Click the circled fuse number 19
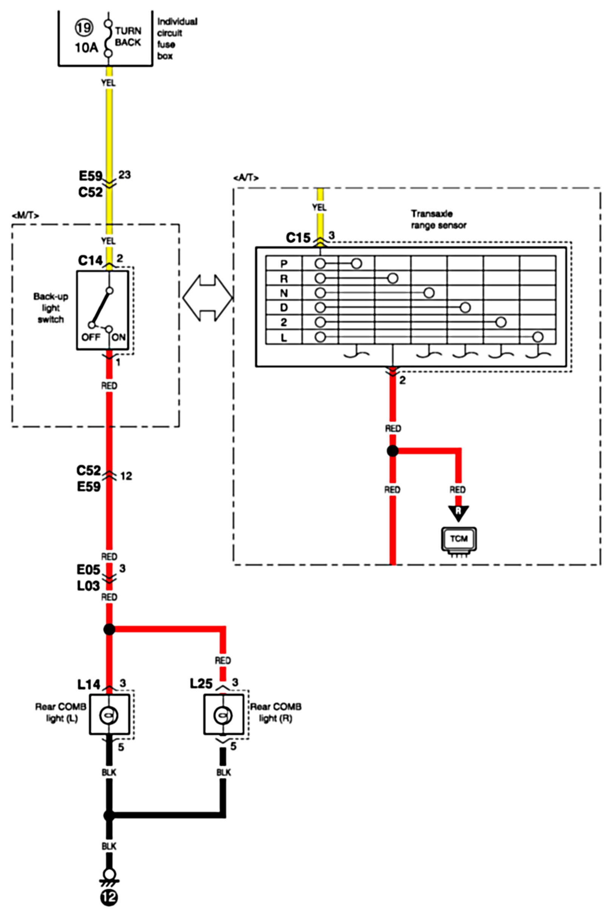(x=84, y=28)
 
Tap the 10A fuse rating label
(x=86, y=48)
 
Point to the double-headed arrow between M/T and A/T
(x=208, y=298)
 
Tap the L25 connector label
(x=201, y=684)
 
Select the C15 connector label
(x=298, y=237)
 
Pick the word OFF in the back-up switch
(x=91, y=337)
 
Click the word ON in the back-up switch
(x=119, y=337)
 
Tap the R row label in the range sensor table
(x=284, y=279)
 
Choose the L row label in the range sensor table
(x=284, y=337)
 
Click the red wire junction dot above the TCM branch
(x=393, y=451)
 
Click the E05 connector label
(x=88, y=570)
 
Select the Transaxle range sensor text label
(x=439, y=219)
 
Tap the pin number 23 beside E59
(x=125, y=175)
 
